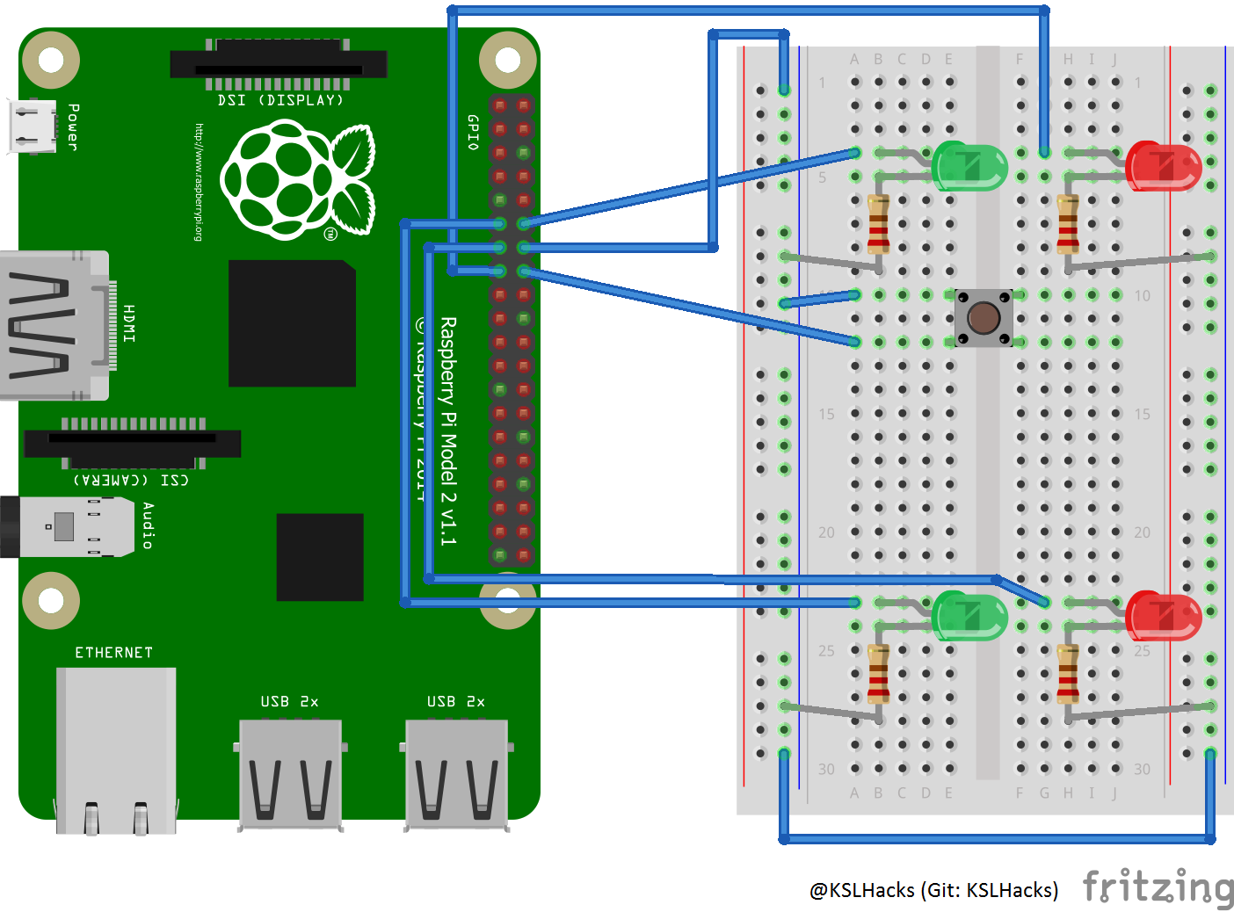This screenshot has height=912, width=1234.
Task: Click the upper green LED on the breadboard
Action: [x=969, y=165]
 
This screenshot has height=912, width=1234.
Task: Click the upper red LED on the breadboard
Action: [x=1163, y=165]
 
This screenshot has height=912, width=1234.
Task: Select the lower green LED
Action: [x=969, y=615]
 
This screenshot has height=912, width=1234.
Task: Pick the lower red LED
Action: [x=1163, y=615]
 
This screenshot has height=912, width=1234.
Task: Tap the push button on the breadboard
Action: [x=984, y=317]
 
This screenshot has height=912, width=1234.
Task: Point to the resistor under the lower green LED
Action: [x=878, y=674]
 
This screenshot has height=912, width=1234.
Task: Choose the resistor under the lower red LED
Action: [x=1068, y=674]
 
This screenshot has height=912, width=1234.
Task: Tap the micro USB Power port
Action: [x=33, y=127]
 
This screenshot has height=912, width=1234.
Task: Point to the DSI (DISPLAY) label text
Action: [x=280, y=100]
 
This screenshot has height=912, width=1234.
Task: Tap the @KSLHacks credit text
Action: [x=933, y=890]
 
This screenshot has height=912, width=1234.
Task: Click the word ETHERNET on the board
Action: [x=114, y=653]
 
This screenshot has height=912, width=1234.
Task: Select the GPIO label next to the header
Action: [x=473, y=132]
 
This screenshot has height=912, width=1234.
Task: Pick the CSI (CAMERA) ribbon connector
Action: [x=133, y=443]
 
